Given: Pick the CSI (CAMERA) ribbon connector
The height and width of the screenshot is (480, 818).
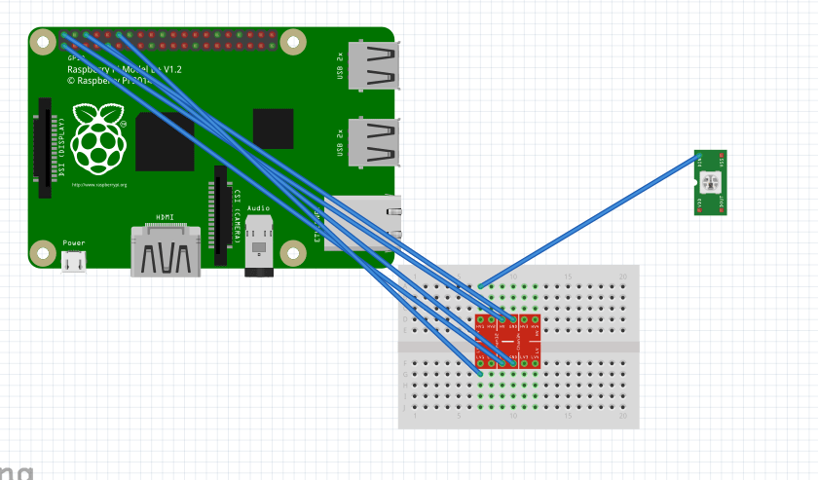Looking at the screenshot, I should pyautogui.click(x=221, y=216).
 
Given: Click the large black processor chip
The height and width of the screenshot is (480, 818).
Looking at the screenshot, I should pyautogui.click(x=165, y=141).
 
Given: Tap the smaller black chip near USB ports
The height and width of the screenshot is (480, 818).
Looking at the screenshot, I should pyautogui.click(x=273, y=129).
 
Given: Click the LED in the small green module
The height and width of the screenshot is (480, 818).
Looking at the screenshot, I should pyautogui.click(x=709, y=181).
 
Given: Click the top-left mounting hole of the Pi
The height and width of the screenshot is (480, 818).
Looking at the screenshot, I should pyautogui.click(x=43, y=42).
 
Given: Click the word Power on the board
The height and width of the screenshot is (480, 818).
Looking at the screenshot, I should pyautogui.click(x=74, y=242).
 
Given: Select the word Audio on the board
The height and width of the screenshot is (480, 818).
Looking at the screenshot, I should pyautogui.click(x=259, y=207).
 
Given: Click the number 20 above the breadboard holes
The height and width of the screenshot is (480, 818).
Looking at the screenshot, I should pyautogui.click(x=623, y=277).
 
